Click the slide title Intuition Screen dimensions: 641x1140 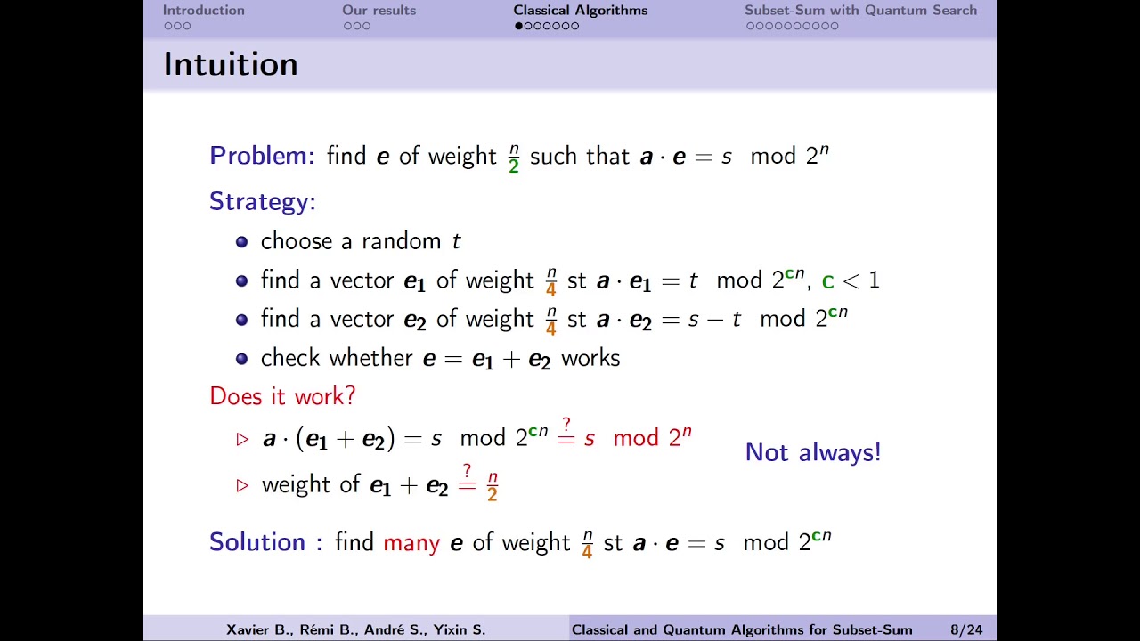tap(231, 64)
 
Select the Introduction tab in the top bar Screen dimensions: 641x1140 tap(203, 11)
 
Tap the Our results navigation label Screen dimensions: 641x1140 tap(379, 11)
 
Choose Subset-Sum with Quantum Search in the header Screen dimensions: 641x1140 tap(860, 11)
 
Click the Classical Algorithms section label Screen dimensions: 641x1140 tap(580, 11)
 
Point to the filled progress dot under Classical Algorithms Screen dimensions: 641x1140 tap(518, 26)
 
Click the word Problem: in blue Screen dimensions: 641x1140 tap(262, 156)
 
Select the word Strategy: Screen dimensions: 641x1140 tap(263, 201)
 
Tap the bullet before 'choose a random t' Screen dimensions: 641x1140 tap(241, 241)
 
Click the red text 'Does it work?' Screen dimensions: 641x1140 tap(282, 396)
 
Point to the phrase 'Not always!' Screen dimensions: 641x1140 tap(812, 452)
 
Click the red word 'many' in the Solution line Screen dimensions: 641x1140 tap(411, 542)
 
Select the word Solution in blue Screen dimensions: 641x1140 tap(256, 542)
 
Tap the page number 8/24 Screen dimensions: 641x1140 tap(966, 629)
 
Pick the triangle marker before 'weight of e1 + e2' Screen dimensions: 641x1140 tap(242, 485)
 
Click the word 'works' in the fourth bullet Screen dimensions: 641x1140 tap(590, 358)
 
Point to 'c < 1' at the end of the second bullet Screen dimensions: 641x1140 tap(851, 281)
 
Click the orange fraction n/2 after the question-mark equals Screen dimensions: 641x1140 tap(493, 486)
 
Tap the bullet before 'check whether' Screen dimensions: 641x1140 tap(241, 359)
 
